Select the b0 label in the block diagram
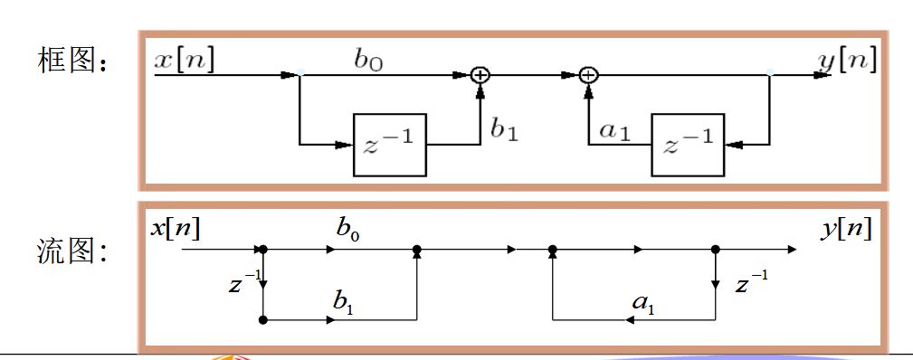[369, 62]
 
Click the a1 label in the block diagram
[615, 132]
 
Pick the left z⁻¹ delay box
[390, 145]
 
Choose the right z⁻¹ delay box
[689, 145]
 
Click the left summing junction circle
[480, 75]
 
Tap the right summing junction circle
[589, 75]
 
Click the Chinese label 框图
[72, 60]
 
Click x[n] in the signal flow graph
[176, 229]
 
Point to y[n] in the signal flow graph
[847, 230]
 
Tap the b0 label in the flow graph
[347, 229]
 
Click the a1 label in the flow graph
[643, 303]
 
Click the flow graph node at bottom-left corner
[263, 320]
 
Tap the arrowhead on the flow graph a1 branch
[631, 320]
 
